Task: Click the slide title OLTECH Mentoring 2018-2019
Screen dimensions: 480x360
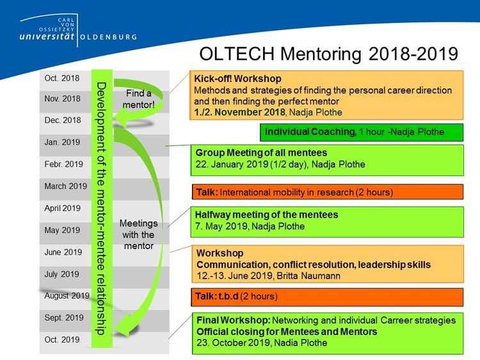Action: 328,54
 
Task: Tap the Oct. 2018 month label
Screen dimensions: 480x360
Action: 62,78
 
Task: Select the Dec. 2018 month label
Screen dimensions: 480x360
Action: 63,120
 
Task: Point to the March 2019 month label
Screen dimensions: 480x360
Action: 65,186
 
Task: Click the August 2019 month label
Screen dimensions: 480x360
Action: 67,296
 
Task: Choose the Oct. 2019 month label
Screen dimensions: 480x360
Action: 62,340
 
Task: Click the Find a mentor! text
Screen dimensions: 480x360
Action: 138,99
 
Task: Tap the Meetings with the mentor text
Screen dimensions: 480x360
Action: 138,234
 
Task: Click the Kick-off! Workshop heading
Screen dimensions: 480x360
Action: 237,79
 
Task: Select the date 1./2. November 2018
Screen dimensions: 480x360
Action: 239,112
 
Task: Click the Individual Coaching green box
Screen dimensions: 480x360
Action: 362,133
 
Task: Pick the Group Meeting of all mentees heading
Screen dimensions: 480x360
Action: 261,152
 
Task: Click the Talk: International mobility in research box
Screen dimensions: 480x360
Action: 328,192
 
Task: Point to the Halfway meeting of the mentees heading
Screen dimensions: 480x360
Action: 266,215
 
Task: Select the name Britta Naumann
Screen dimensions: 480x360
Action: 308,275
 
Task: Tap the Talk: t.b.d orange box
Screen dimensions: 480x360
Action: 327,297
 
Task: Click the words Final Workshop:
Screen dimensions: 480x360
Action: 234,320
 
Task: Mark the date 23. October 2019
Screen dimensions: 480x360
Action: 233,343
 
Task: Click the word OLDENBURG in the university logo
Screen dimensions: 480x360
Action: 108,37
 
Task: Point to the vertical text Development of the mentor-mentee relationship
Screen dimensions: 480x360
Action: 101,209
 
